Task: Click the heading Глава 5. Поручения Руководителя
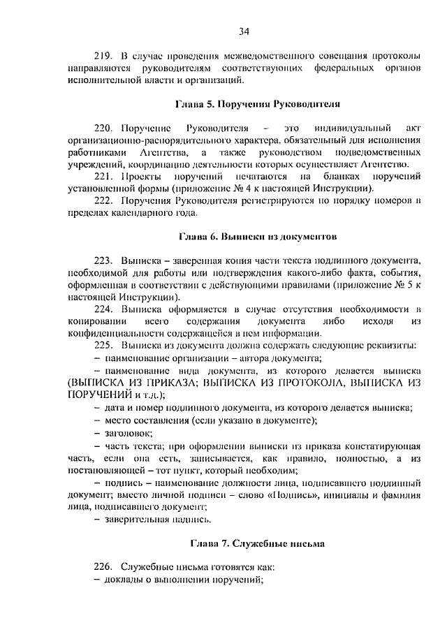(256, 104)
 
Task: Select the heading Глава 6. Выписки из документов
(258, 236)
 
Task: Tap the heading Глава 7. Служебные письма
(256, 542)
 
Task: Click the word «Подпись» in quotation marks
(319, 495)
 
